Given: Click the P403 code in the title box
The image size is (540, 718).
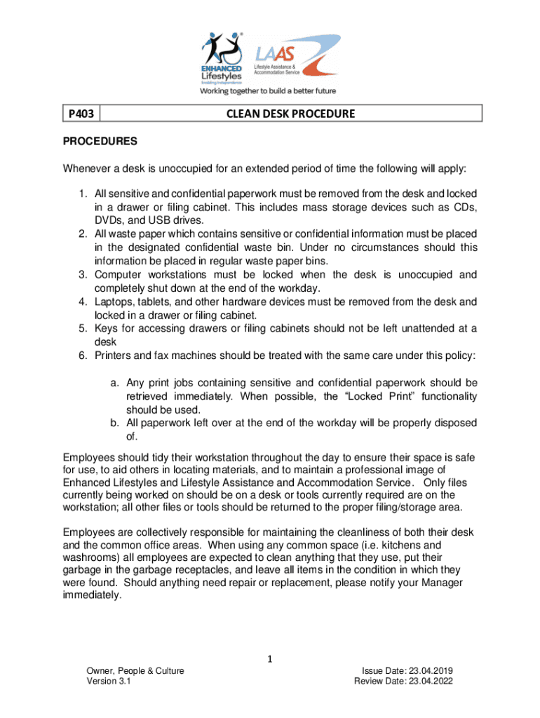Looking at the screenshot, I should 81,114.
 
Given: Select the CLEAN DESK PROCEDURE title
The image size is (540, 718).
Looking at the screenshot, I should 290,114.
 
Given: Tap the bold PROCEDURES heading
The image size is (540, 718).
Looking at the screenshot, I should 100,142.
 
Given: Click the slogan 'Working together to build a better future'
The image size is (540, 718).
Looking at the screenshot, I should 269,90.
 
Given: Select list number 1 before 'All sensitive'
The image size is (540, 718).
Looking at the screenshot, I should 81,194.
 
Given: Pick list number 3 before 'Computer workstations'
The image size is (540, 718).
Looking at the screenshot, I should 81,275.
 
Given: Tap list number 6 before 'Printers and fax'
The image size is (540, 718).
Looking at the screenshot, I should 81,356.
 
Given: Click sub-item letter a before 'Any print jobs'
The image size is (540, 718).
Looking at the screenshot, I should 113,383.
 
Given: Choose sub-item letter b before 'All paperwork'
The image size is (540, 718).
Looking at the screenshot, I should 113,424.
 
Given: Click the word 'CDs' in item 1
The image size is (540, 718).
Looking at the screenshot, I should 464,208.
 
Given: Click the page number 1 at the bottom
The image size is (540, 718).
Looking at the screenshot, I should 269,659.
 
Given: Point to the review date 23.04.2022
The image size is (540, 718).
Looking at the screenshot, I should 440,682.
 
